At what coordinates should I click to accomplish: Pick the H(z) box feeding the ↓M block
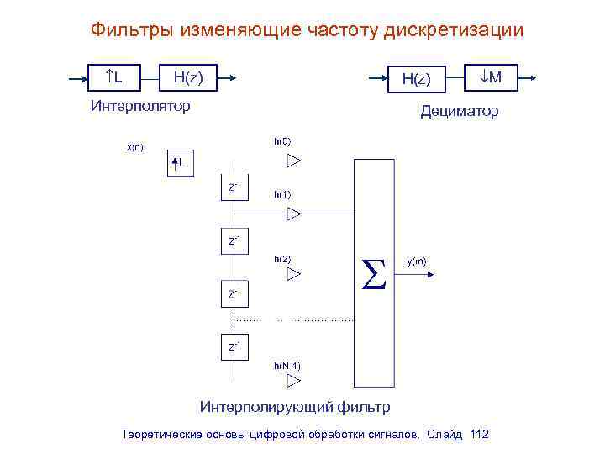pyautogui.click(x=415, y=79)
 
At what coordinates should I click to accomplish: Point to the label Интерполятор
pyautogui.click(x=139, y=106)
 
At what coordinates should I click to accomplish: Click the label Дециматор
pyautogui.click(x=459, y=111)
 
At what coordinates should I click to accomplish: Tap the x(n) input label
pyautogui.click(x=134, y=148)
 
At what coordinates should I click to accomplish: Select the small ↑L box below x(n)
pyautogui.click(x=180, y=161)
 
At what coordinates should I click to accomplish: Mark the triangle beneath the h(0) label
pyautogui.click(x=293, y=161)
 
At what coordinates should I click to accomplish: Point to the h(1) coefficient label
pyautogui.click(x=282, y=195)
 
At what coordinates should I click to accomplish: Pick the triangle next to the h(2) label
pyautogui.click(x=293, y=273)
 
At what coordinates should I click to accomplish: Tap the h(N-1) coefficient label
pyautogui.click(x=287, y=366)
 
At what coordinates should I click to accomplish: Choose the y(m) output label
pyautogui.click(x=417, y=261)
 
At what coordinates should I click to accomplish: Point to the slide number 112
pyautogui.click(x=480, y=435)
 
